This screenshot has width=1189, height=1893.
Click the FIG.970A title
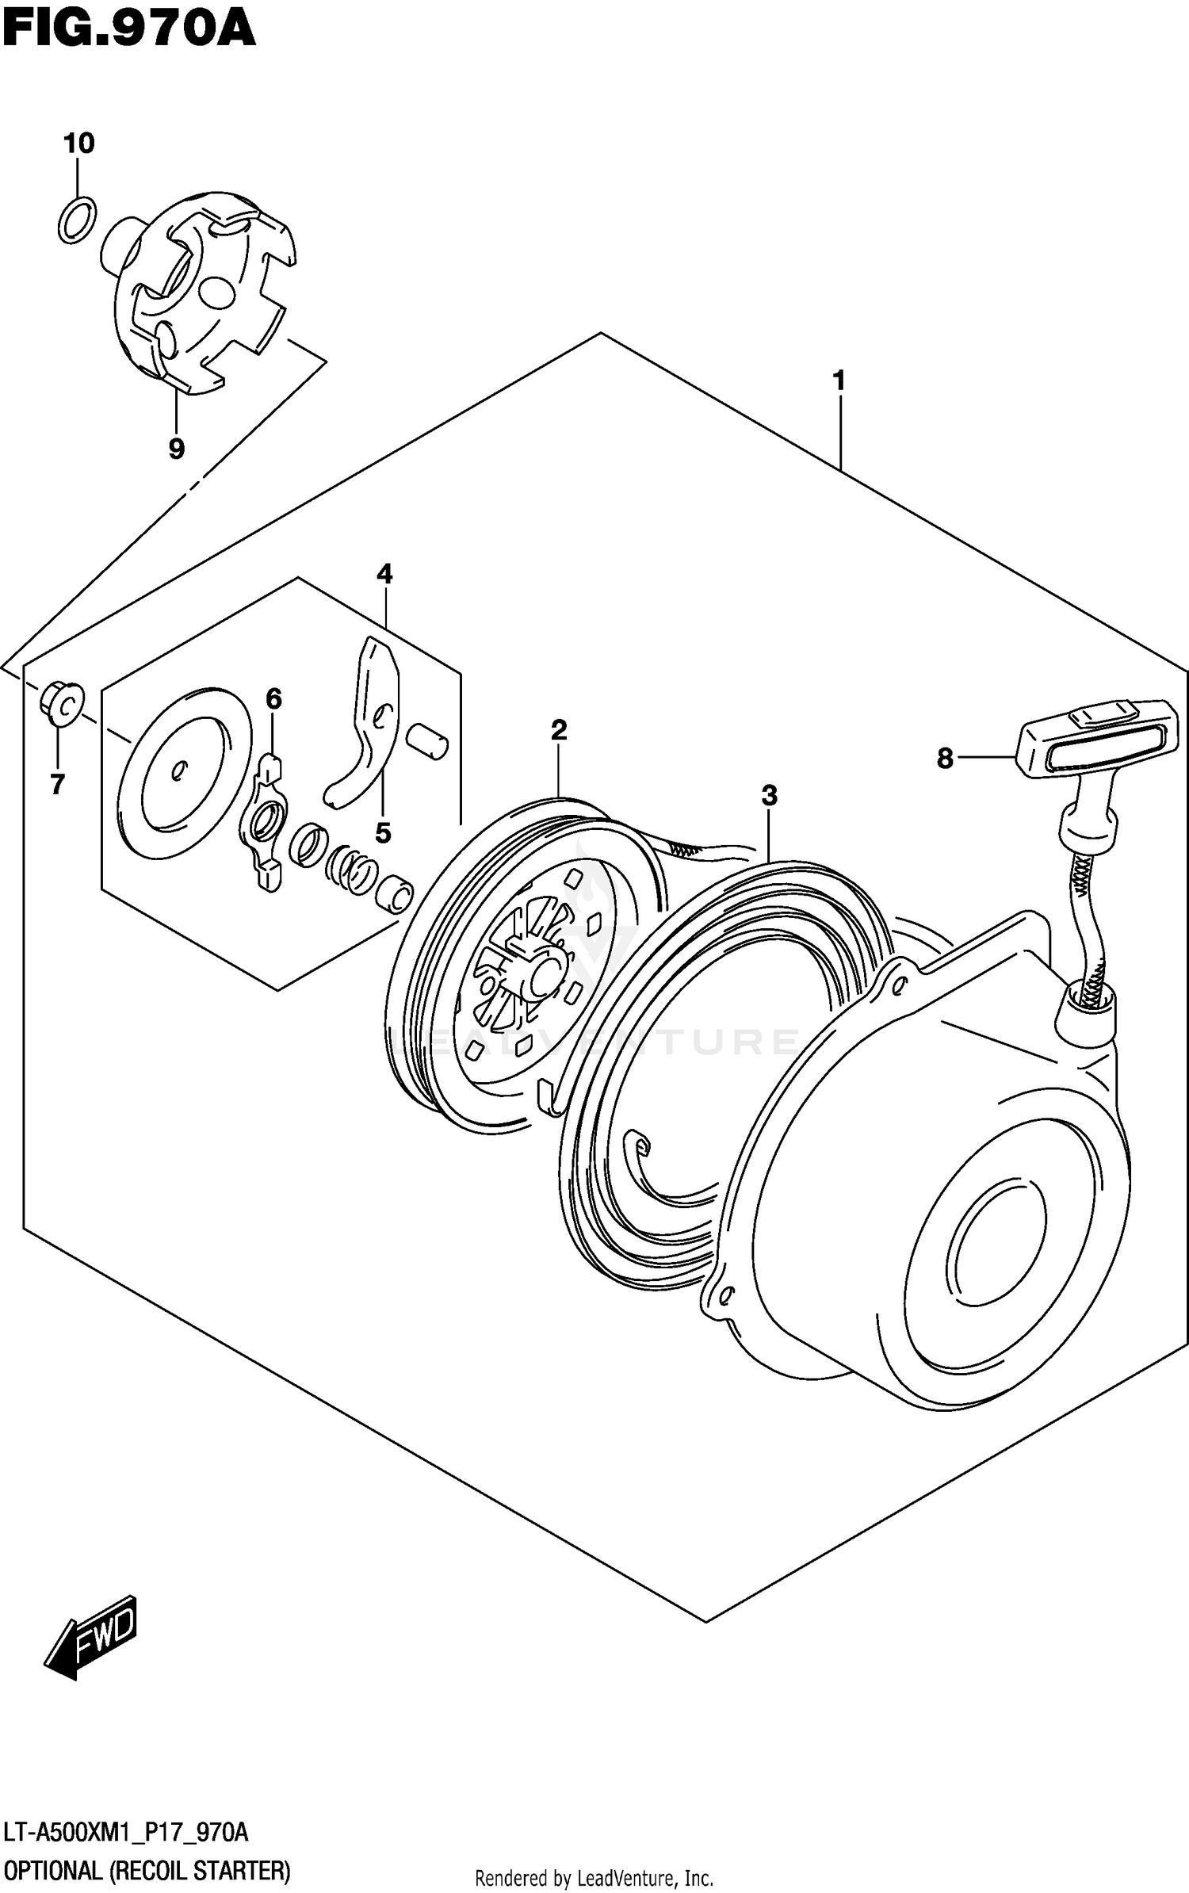[x=128, y=29]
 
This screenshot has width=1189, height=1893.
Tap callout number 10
[x=78, y=143]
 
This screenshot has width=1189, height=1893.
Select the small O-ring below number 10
[x=77, y=220]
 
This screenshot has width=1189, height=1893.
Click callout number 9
[x=176, y=449]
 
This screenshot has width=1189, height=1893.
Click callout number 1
[x=839, y=381]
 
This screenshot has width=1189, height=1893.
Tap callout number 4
[x=384, y=573]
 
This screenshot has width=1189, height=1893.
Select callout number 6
[x=273, y=698]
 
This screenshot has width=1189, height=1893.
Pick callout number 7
[x=57, y=784]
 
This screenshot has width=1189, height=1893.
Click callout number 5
[x=383, y=832]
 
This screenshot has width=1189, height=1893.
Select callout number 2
[x=559, y=730]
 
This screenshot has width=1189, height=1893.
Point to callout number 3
[x=769, y=795]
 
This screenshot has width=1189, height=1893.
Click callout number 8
[x=944, y=759]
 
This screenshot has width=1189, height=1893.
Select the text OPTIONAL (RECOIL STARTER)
[x=147, y=1871]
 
